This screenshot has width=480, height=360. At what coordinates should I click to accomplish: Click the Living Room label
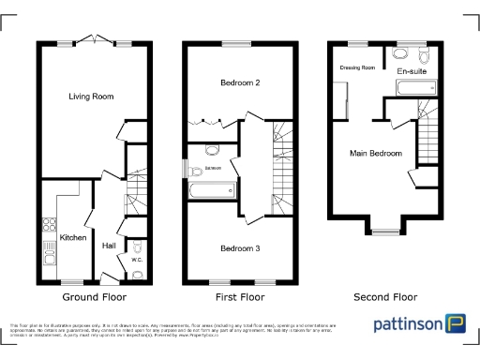91,96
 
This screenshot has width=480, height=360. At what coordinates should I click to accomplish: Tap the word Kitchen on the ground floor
73,238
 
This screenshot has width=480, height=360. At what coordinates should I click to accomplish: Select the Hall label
109,246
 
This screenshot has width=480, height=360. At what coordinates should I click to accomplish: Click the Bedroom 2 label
239,83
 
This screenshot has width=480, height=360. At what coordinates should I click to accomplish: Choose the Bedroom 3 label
239,248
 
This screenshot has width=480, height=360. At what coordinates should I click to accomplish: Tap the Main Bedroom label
376,154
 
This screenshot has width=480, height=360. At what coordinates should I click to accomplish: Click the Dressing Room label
357,67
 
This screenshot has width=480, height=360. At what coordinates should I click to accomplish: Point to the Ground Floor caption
94,296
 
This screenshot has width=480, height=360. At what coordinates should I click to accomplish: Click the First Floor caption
240,296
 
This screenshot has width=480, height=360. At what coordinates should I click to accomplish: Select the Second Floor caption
385,296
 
